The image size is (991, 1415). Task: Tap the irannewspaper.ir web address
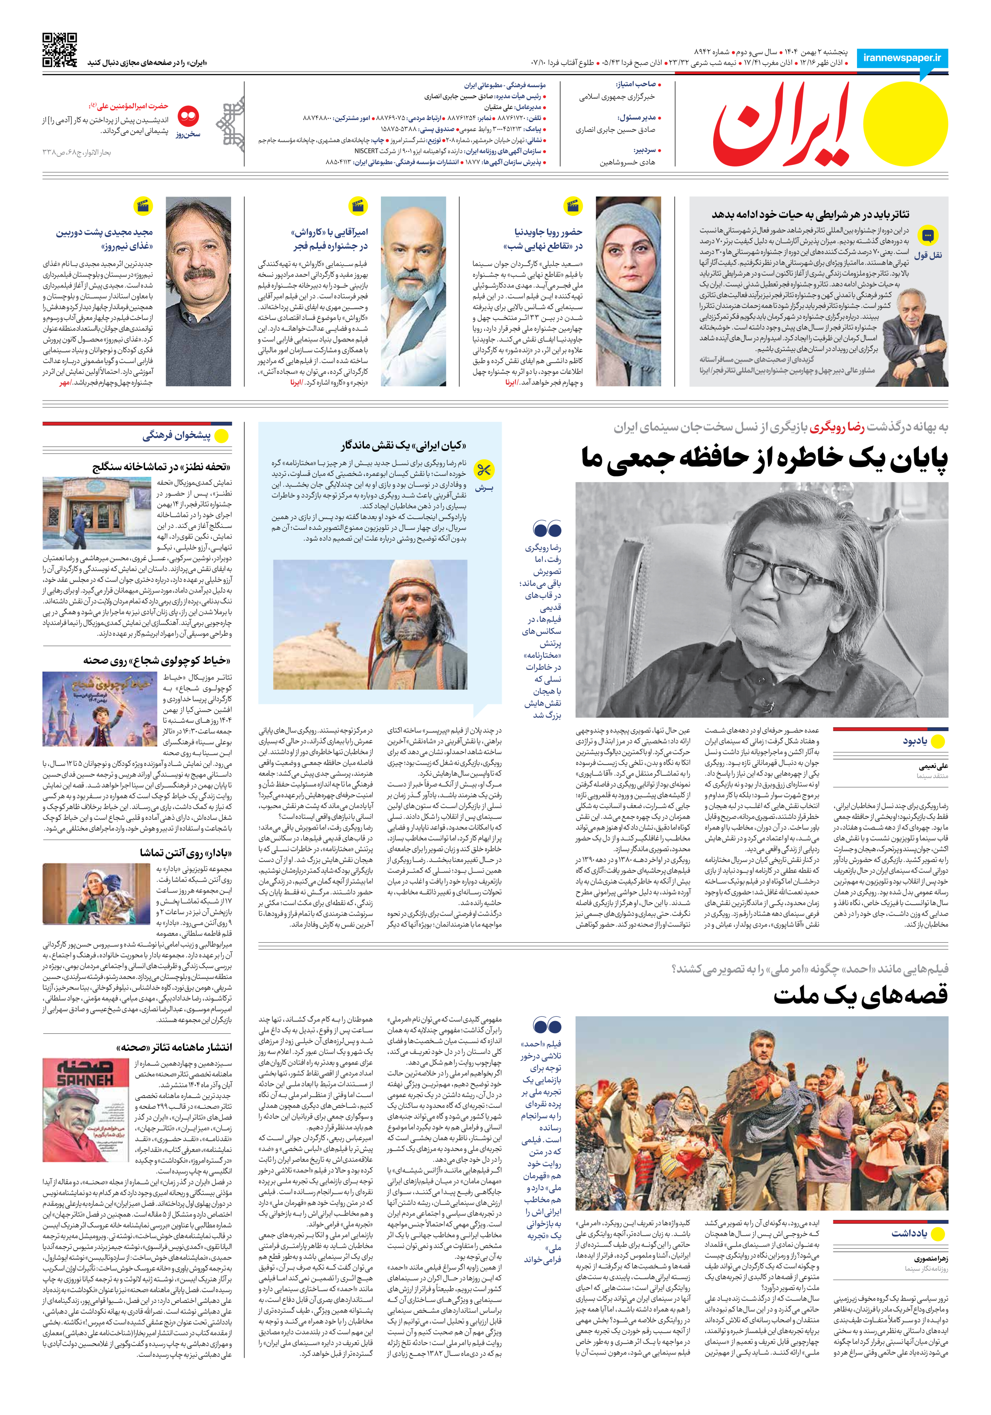[x=902, y=58]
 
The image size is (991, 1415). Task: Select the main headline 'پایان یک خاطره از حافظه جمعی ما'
[x=764, y=460]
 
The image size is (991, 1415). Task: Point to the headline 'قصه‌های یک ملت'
[x=860, y=995]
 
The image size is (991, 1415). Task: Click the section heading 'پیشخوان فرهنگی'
[x=176, y=436]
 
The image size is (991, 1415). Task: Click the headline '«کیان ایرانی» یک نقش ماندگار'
[x=403, y=445]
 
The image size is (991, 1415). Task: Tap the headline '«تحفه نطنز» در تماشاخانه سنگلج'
[x=162, y=466]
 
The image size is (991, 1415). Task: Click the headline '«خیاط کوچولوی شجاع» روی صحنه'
[x=157, y=660]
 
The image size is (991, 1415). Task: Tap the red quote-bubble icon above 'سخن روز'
[x=188, y=116]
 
